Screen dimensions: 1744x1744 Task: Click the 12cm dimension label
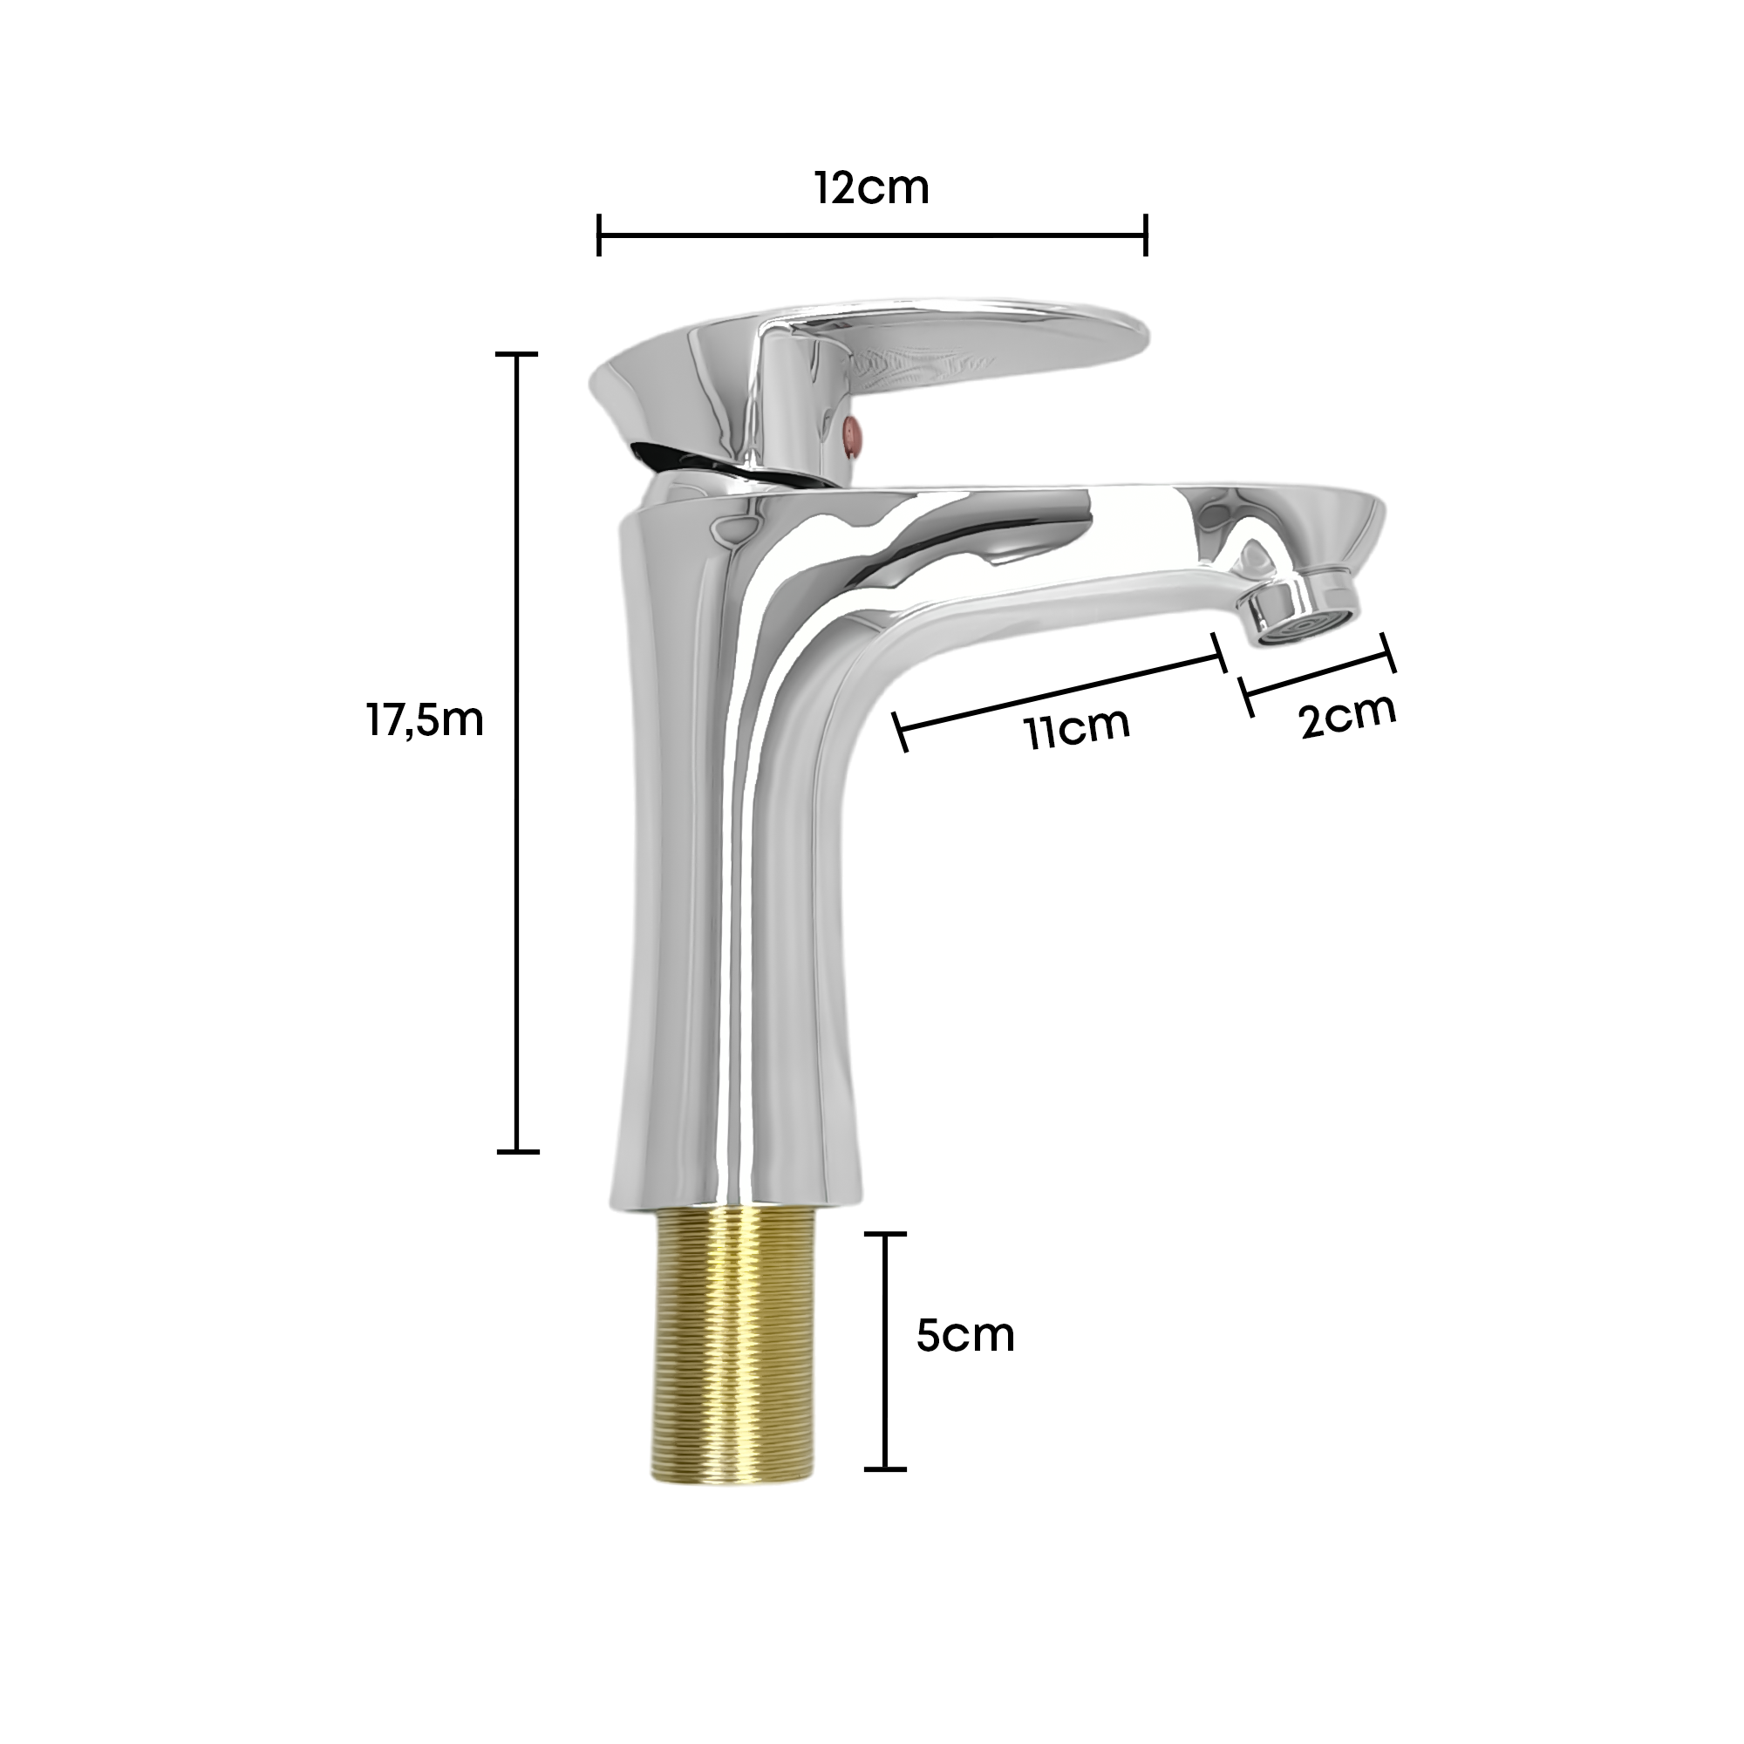(x=871, y=188)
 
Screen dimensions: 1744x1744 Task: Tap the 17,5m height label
(x=426, y=721)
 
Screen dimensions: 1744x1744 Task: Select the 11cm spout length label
(x=1077, y=726)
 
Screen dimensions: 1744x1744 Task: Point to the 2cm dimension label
(x=1348, y=716)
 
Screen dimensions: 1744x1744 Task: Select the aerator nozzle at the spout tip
(x=1301, y=611)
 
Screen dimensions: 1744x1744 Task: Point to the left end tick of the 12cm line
(x=599, y=235)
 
